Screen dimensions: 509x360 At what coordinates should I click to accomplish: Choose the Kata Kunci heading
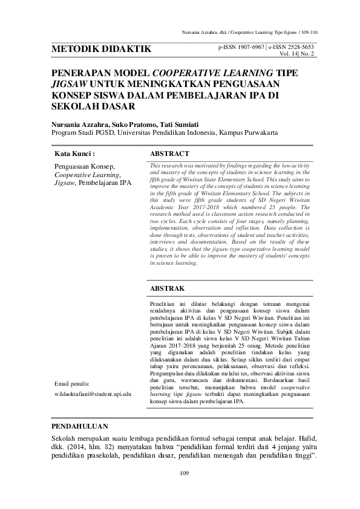click(74, 154)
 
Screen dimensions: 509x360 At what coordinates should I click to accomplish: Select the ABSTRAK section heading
click(167, 289)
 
